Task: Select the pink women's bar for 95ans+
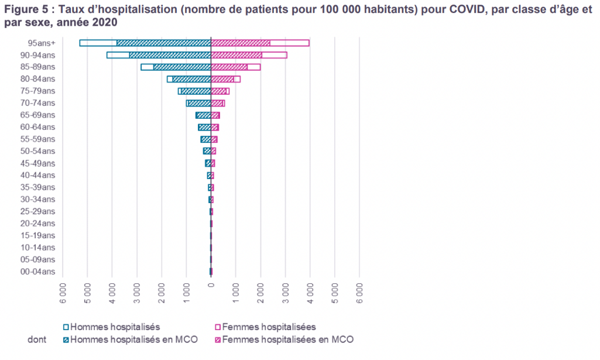point(260,43)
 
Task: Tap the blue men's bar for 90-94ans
point(159,55)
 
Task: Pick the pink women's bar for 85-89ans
point(235,67)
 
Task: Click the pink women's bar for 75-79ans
point(220,91)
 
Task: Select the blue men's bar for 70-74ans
point(198,103)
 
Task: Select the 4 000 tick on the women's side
point(310,291)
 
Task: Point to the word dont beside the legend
point(37,340)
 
